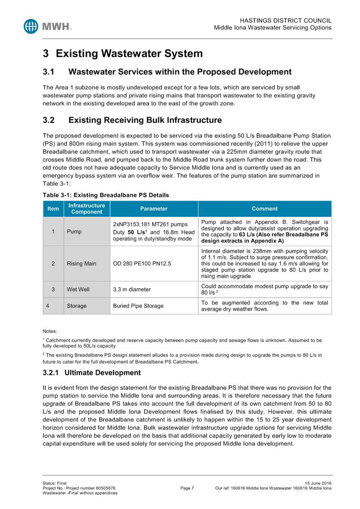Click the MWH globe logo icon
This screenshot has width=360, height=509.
32,26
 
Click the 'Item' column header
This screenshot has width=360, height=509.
53,209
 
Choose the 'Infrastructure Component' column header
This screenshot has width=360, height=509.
87,209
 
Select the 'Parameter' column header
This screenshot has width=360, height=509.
153,209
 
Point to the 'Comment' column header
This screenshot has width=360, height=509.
264,209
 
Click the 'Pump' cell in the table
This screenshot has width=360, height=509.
74,232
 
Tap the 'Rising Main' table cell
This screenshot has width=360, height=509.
82,264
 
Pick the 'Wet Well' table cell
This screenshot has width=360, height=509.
78,290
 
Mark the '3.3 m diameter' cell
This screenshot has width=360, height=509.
132,290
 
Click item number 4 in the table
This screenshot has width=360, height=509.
53,306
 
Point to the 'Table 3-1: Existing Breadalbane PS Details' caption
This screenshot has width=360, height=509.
106,195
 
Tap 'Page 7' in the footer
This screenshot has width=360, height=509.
187,488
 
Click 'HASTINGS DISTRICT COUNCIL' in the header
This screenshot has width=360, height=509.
286,21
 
